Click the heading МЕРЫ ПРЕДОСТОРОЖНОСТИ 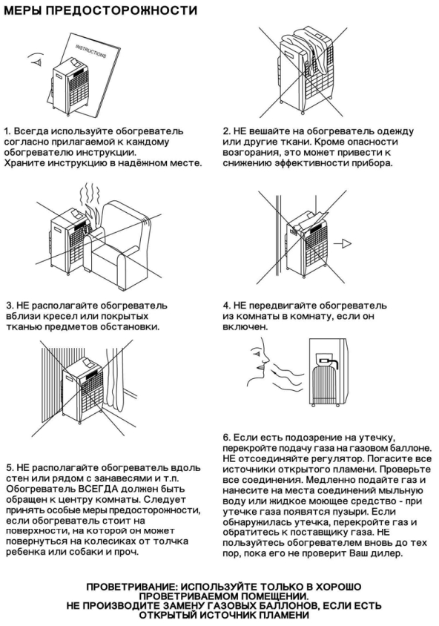point(100,10)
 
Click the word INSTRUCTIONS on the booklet point(91,51)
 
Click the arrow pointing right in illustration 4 point(343,243)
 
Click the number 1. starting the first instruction point(7,131)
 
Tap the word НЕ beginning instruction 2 point(240,131)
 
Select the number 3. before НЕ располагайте point(10,306)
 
